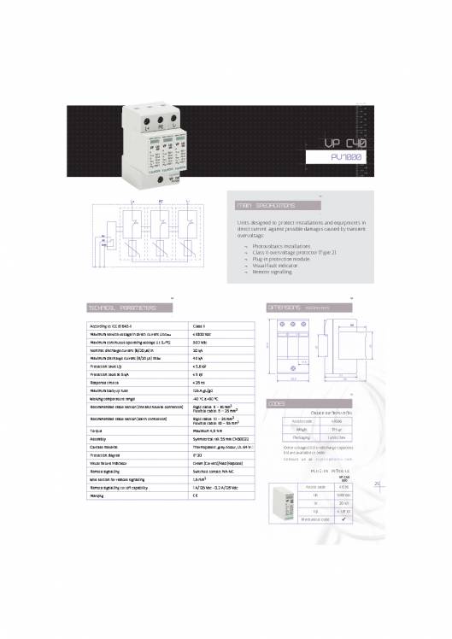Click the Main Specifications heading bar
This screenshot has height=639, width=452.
click(x=278, y=206)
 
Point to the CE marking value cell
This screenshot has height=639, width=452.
click(x=196, y=496)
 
